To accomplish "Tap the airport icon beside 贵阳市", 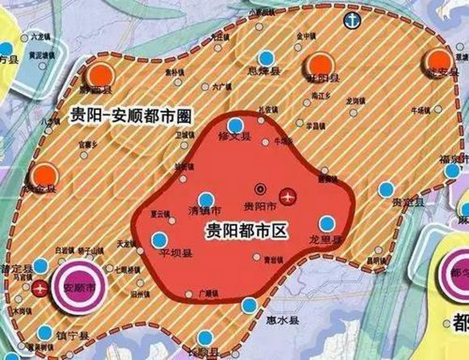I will pyautogui.click(x=287, y=196).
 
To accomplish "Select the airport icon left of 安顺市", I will pyautogui.click(x=40, y=288).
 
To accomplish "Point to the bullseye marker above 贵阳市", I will pyautogui.click(x=259, y=189).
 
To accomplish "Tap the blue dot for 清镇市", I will pyautogui.click(x=206, y=200).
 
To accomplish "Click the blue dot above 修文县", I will pyautogui.click(x=235, y=126).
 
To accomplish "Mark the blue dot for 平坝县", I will pyautogui.click(x=159, y=240).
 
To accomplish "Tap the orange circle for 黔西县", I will pyautogui.click(x=100, y=75).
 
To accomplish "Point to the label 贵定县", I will pyautogui.click(x=408, y=202).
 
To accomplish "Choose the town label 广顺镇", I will pyautogui.click(x=209, y=294).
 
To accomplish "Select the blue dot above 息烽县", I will pyautogui.click(x=267, y=58).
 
